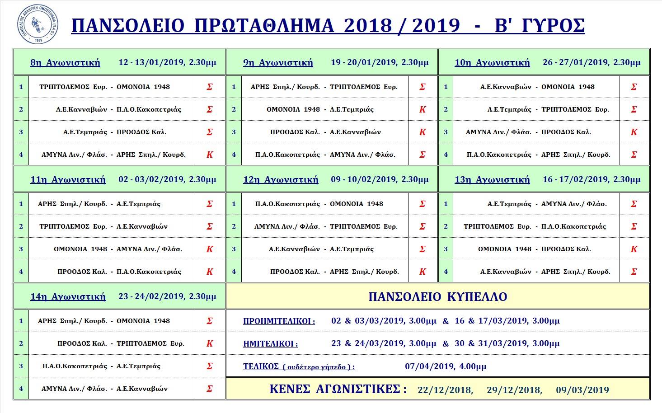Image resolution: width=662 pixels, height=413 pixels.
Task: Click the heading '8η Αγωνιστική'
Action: tap(65, 62)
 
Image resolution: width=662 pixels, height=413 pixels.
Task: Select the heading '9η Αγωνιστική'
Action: tap(278, 62)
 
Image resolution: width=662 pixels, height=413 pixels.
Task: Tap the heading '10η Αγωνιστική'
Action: tap(492, 62)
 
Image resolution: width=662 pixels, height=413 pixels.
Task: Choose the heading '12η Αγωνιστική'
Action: tap(281, 179)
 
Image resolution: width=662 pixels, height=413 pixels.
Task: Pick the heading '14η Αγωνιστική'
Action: tap(68, 296)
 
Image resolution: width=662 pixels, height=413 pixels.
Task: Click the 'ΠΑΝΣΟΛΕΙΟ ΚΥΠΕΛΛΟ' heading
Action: tap(437, 297)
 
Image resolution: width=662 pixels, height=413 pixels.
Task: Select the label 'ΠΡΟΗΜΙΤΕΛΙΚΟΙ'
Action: tap(279, 321)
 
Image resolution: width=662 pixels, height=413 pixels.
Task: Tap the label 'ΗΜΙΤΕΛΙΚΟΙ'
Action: tap(270, 344)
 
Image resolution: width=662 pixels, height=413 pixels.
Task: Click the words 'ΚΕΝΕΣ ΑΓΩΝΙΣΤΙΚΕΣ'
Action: tap(338, 389)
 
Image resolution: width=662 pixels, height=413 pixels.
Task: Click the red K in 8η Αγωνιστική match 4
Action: tap(210, 155)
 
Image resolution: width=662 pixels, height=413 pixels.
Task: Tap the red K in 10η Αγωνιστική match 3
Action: tap(634, 132)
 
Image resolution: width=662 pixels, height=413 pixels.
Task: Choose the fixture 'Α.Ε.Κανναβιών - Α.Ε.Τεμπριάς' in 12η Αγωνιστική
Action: tap(321, 249)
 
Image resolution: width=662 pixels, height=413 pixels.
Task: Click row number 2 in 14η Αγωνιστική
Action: tap(21, 343)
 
